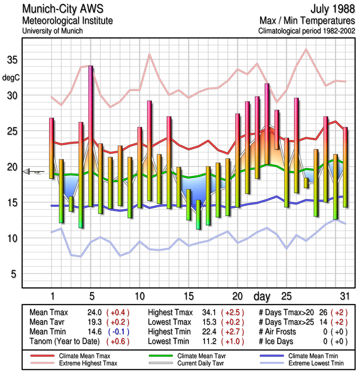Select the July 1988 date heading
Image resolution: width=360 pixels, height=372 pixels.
329,9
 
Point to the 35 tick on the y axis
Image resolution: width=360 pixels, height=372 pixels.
12,60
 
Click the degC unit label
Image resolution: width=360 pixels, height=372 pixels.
11,78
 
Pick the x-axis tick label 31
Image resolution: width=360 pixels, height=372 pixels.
344,296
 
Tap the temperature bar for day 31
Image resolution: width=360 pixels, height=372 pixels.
345,166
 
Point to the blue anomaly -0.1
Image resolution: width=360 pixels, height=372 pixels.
118,332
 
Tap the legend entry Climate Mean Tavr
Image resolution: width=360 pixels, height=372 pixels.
197,356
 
